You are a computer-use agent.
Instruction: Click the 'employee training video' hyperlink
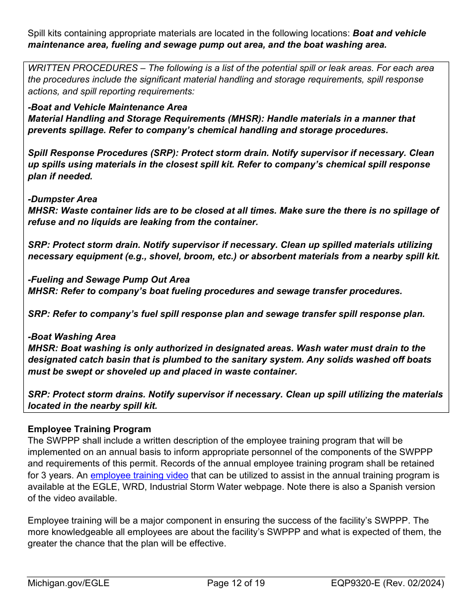click(x=139, y=475)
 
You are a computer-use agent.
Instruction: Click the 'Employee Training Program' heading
click(x=89, y=429)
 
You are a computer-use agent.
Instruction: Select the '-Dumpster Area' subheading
click(x=63, y=199)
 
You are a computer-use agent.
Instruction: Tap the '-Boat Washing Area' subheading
click(x=72, y=337)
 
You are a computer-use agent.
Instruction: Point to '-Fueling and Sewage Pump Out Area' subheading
click(x=109, y=280)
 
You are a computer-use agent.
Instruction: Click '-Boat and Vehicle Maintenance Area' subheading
click(x=108, y=107)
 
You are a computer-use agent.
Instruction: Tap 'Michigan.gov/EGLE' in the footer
click(x=69, y=583)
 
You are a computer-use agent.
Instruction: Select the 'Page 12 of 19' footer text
click(x=236, y=583)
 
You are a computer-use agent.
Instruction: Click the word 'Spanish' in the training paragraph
click(x=385, y=487)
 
